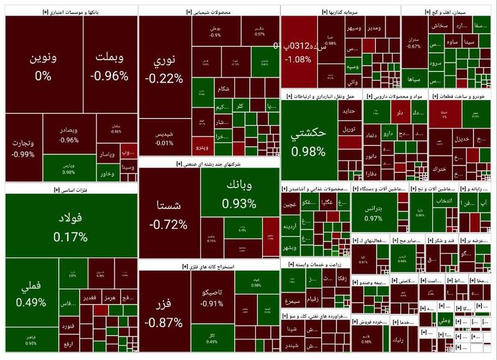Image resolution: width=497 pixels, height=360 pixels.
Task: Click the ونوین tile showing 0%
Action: click(43, 66)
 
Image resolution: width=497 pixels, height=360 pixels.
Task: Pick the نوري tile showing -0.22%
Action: click(164, 68)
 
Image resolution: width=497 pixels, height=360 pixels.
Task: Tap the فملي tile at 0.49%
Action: click(31, 295)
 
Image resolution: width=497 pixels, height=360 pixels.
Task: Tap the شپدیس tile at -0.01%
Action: click(164, 138)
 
